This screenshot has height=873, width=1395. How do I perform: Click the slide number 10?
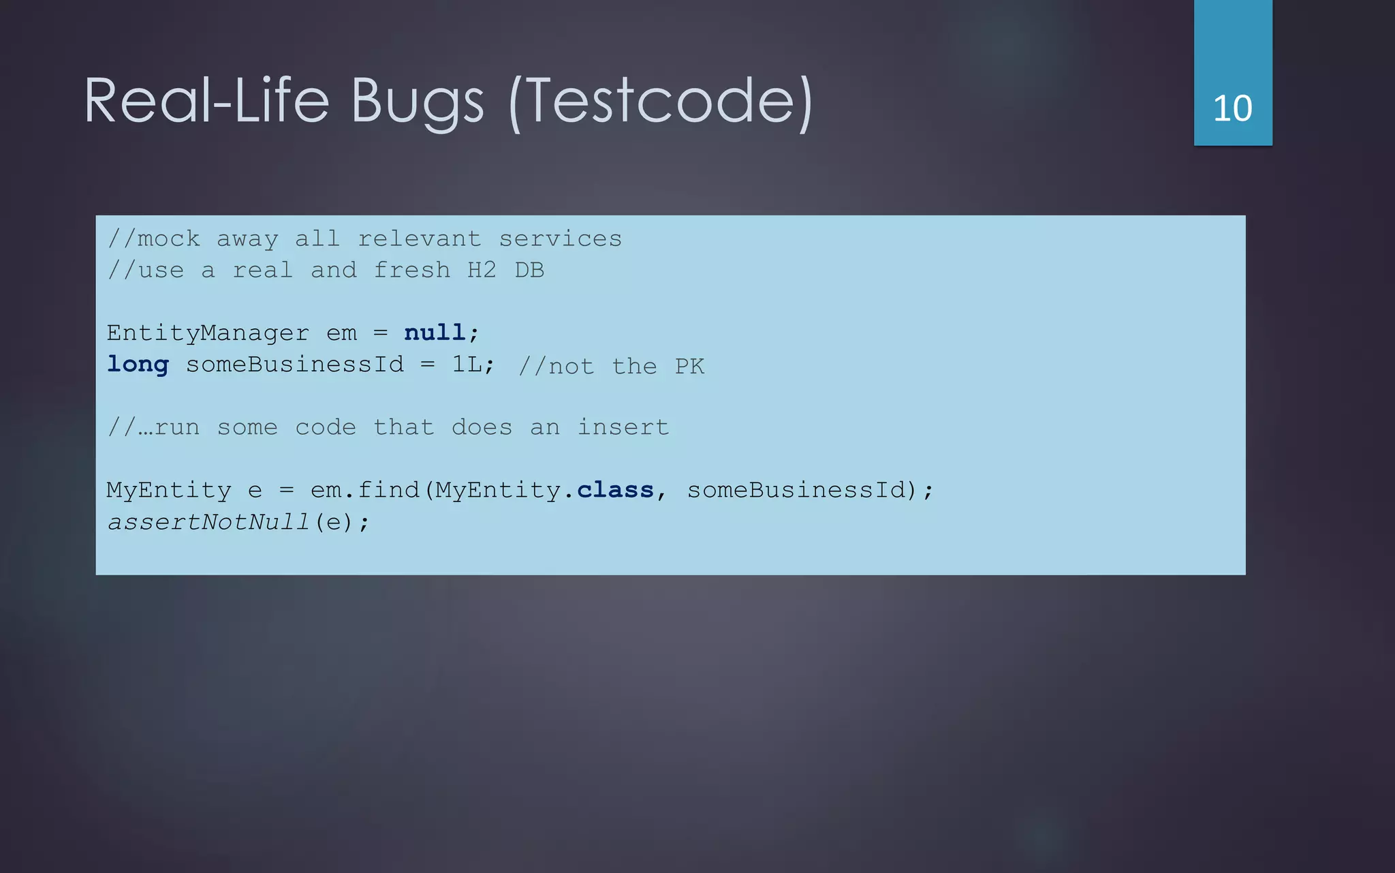click(x=1232, y=108)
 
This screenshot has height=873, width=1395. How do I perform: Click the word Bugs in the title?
click(x=417, y=102)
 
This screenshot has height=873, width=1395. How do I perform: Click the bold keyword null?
click(x=435, y=333)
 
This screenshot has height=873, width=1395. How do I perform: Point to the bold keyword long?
click(x=138, y=365)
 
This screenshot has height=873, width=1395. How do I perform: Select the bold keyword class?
click(x=615, y=490)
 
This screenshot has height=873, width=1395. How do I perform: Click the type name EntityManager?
click(x=208, y=333)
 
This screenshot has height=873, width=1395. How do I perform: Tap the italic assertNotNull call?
click(x=208, y=522)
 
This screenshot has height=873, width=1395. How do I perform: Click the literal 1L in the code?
click(x=467, y=365)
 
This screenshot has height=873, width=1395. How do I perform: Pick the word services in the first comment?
click(x=560, y=239)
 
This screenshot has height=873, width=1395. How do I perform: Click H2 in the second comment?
click(x=482, y=271)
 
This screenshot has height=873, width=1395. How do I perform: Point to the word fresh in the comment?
click(x=411, y=271)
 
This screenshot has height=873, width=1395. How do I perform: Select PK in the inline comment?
click(x=689, y=367)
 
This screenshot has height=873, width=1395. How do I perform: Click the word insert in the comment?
click(x=623, y=427)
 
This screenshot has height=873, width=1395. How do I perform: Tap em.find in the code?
click(x=364, y=490)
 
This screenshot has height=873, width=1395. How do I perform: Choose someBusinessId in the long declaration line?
click(x=295, y=365)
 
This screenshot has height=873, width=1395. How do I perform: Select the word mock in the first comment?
click(x=168, y=239)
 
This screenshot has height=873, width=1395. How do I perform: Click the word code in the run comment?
click(x=326, y=427)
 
